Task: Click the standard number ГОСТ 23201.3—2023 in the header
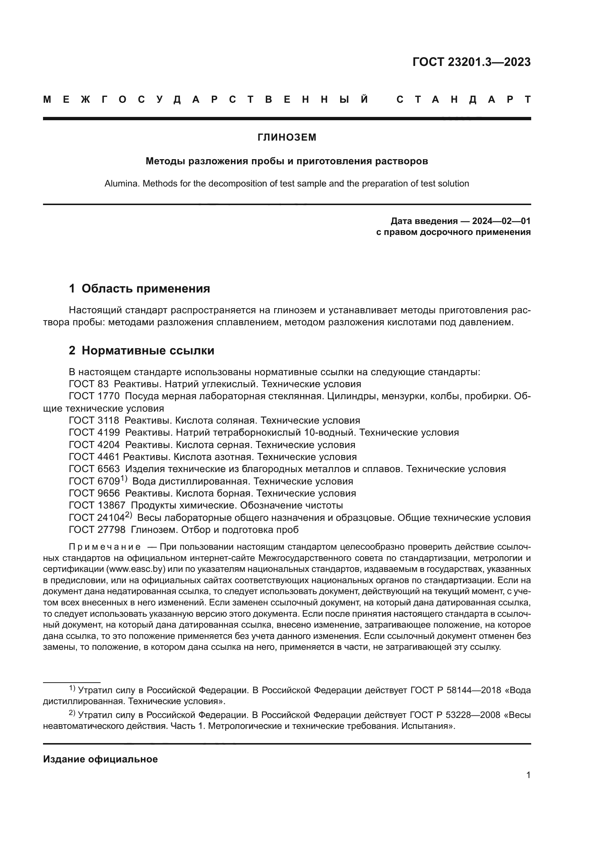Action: coord(471,62)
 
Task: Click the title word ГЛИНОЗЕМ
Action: coord(287,137)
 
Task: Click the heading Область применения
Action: coord(145,288)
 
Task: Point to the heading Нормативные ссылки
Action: coord(148,350)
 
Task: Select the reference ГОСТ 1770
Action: coord(94,396)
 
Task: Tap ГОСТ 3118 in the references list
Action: coord(94,420)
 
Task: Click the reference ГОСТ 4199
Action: coord(94,432)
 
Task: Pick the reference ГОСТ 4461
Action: coord(94,456)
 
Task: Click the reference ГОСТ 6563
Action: coord(94,469)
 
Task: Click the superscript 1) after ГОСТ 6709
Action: coord(124,479)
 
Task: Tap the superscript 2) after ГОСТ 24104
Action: coord(128,515)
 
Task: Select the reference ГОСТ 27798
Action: coord(97,530)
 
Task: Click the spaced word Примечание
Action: coord(105,547)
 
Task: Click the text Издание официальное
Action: coord(100,759)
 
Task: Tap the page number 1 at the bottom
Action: coord(528,775)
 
